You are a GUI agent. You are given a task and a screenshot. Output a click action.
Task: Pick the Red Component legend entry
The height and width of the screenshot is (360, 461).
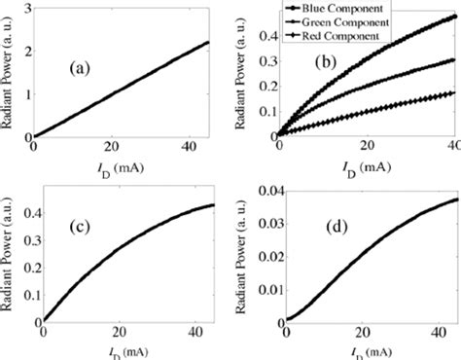(x=347, y=33)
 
